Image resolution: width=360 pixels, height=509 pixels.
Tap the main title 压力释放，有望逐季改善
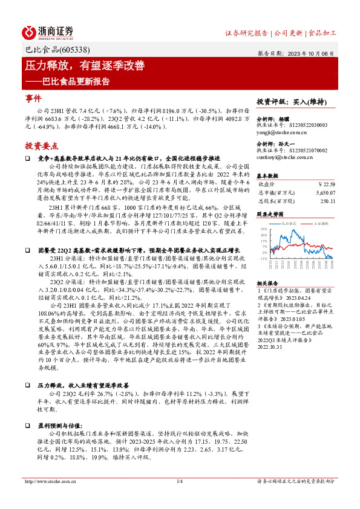85,65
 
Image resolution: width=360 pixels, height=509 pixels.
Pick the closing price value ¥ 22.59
325,184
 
